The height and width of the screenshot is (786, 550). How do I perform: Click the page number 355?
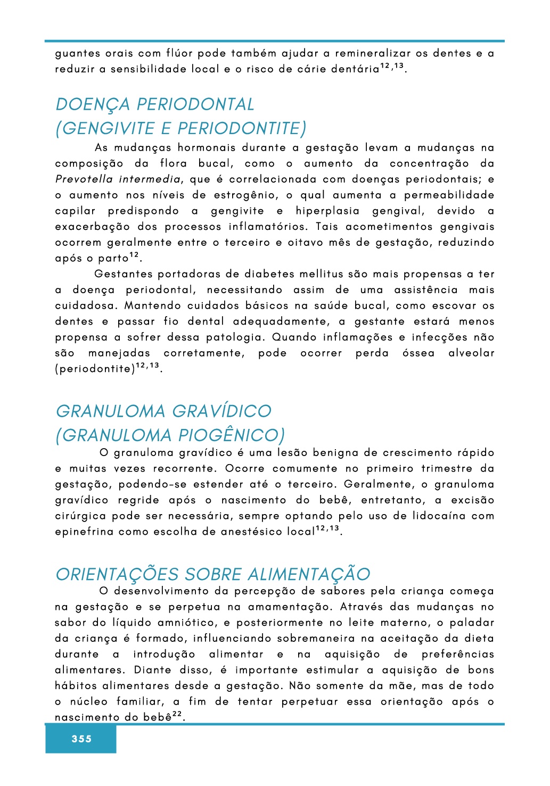point(81,739)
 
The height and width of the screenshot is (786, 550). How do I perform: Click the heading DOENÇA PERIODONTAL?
point(155,104)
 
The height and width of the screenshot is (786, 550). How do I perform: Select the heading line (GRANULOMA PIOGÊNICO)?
point(170,435)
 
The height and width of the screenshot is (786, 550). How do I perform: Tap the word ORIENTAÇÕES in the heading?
point(118,574)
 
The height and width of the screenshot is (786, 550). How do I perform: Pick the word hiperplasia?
point(327,211)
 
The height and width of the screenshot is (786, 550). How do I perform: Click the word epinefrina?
point(84,532)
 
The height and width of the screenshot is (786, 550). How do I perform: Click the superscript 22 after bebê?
point(177,714)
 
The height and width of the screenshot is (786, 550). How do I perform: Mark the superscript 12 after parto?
point(135,255)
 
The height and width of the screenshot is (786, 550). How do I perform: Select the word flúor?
point(179,53)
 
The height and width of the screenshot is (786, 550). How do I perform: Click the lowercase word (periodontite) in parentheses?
point(95,369)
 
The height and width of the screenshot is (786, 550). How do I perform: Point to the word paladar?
point(472,623)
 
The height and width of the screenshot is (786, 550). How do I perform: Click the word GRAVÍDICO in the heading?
point(222,411)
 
